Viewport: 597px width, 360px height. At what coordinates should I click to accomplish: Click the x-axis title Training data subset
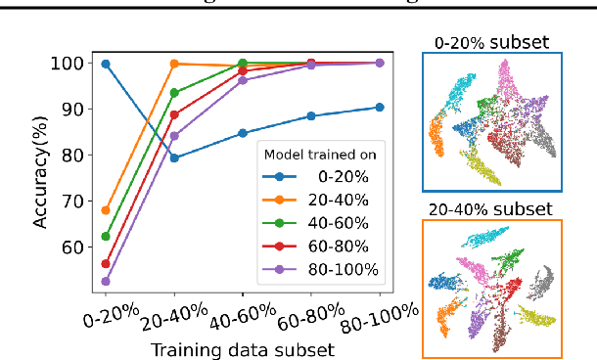(x=244, y=348)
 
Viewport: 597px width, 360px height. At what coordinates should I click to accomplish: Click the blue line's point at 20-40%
(x=174, y=157)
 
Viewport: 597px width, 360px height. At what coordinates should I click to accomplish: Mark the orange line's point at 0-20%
(x=106, y=210)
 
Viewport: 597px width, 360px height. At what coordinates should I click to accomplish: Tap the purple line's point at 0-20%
(x=106, y=281)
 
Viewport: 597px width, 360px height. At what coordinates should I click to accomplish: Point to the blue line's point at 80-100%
(x=379, y=108)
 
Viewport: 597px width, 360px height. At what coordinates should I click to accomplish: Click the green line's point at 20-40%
(x=174, y=93)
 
